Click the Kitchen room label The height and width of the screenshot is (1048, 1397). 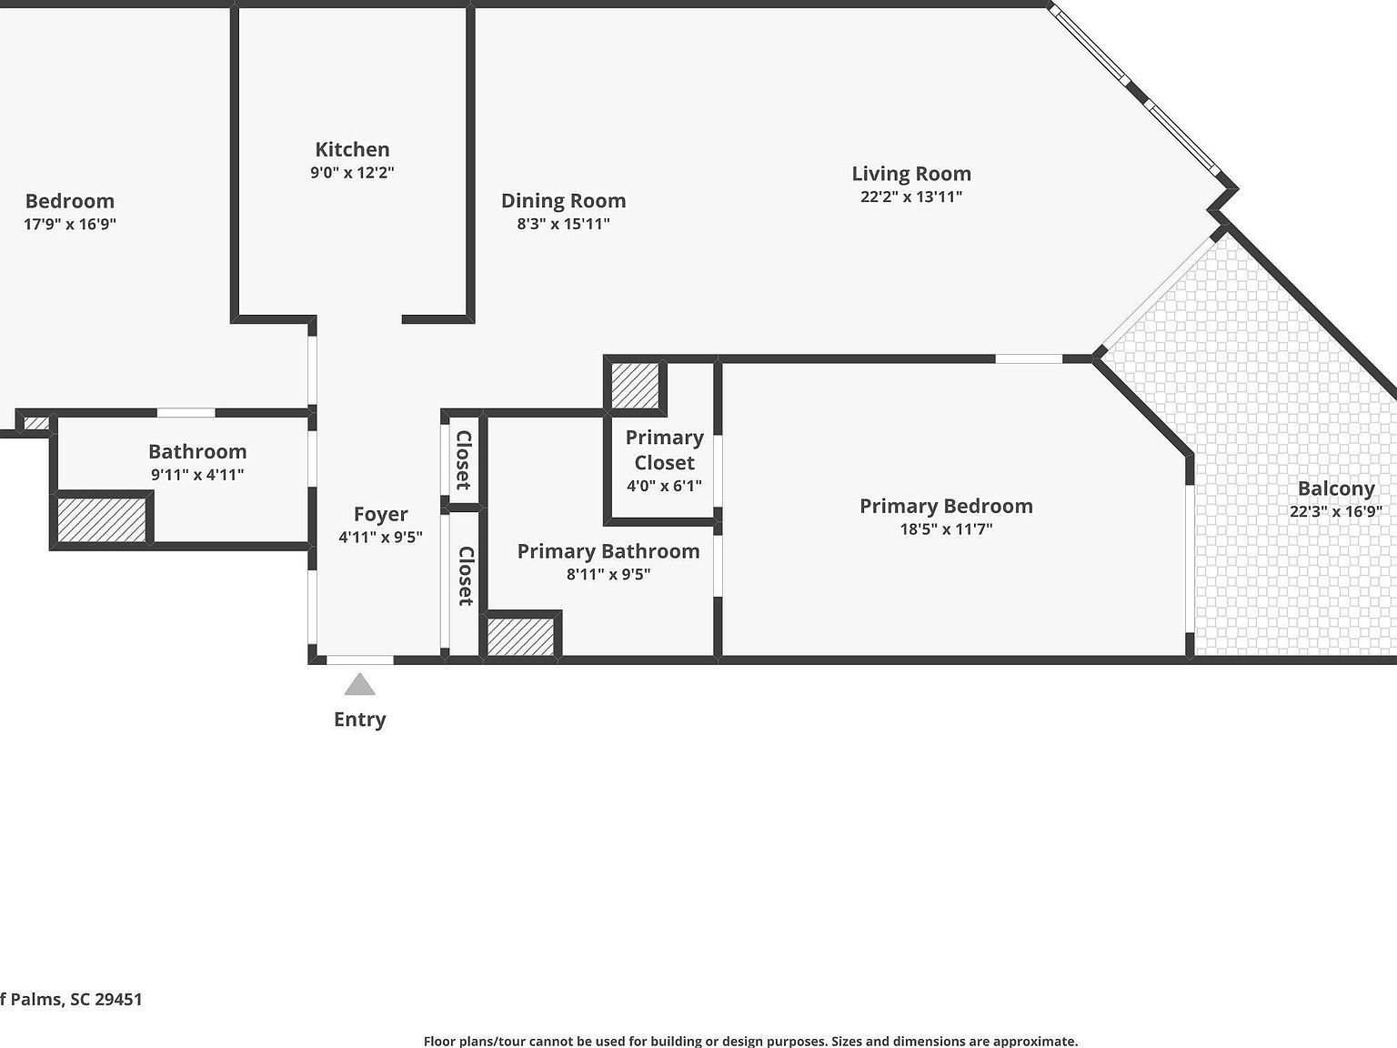(352, 149)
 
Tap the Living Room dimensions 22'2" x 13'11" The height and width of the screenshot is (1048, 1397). (911, 196)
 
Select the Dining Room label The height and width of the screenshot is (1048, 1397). (563, 201)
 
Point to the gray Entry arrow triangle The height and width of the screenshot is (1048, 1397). (360, 685)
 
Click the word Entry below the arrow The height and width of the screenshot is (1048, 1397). (360, 720)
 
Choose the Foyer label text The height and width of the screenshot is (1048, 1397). (380, 515)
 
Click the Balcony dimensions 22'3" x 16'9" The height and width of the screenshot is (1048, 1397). (1335, 511)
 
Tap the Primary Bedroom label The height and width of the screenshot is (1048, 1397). (946, 506)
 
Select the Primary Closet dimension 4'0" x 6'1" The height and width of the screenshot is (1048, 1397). (664, 486)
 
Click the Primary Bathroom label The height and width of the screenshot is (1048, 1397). (608, 551)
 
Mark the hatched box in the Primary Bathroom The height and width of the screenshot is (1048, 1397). (520, 636)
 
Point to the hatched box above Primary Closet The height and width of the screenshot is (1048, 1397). (635, 386)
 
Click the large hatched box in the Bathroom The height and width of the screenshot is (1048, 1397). (102, 519)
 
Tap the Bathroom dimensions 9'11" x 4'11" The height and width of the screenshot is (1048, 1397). (197, 475)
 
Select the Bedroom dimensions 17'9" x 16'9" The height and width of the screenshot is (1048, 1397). (70, 224)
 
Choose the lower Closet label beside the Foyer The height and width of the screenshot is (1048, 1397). (465, 576)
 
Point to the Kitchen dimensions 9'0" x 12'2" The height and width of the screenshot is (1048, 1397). (352, 173)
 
